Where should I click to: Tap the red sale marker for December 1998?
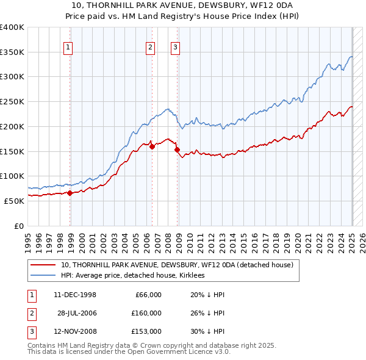point(70,193)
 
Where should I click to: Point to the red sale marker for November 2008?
point(177,149)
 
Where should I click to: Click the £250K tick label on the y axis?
point(12,101)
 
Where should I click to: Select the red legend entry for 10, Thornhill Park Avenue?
point(177,265)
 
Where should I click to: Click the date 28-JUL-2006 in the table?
point(77,313)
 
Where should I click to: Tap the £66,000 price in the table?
point(148,294)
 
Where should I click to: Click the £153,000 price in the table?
point(146,331)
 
